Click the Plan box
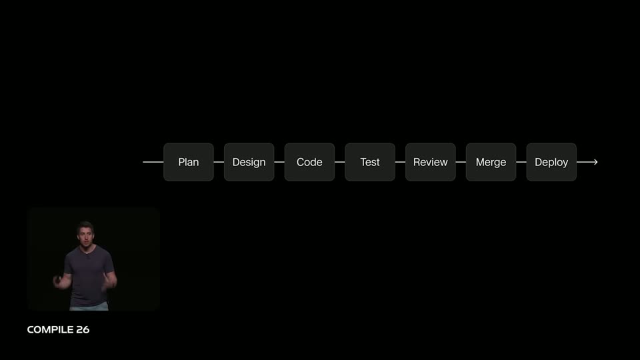pos(189,162)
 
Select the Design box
pos(249,162)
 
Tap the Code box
pos(309,162)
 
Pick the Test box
pos(370,162)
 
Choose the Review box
pos(430,162)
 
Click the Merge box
pos(491,162)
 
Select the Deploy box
pos(551,162)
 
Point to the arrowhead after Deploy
pos(596,162)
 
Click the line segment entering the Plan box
pos(153,162)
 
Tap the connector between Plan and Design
pos(219,162)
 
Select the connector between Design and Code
pos(279,162)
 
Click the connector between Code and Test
pos(339,162)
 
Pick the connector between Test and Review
pos(400,162)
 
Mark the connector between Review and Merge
pos(461,162)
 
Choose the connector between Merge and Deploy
pos(521,162)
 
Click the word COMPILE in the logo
pos(50,330)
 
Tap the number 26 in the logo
pos(83,330)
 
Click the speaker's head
pos(85,233)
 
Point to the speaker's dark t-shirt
pos(89,275)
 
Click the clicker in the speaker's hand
pos(59,279)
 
